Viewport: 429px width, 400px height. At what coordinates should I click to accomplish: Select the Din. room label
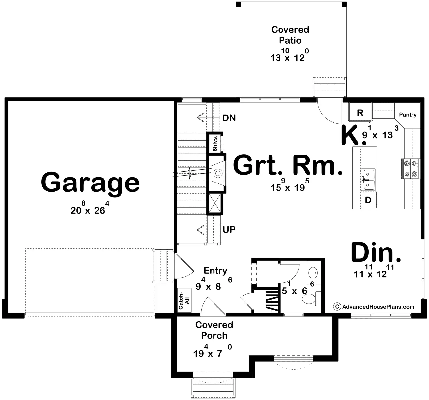coord(376,252)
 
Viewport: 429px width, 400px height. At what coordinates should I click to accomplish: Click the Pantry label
coord(408,115)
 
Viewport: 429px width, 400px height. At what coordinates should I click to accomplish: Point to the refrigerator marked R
coord(360,112)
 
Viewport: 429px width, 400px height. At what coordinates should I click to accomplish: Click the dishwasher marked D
coord(368,200)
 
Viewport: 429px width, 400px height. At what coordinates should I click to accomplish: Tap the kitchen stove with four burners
coord(411,169)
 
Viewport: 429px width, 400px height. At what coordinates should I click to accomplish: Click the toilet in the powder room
coord(311,299)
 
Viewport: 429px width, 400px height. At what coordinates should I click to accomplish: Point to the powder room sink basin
coord(313,273)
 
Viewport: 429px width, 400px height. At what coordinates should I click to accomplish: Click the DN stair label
coord(229,118)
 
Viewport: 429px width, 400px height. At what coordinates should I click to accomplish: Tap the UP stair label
coord(229,229)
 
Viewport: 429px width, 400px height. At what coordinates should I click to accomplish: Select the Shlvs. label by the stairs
coord(215,143)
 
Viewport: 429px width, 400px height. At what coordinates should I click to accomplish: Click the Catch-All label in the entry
coord(184,300)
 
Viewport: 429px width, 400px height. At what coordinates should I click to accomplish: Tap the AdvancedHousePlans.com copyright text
coord(374,307)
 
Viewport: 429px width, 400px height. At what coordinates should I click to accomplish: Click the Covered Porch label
coord(214,330)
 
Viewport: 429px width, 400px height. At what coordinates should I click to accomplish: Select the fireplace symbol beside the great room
coord(218,173)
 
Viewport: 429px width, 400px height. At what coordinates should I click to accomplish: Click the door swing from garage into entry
coord(183,266)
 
